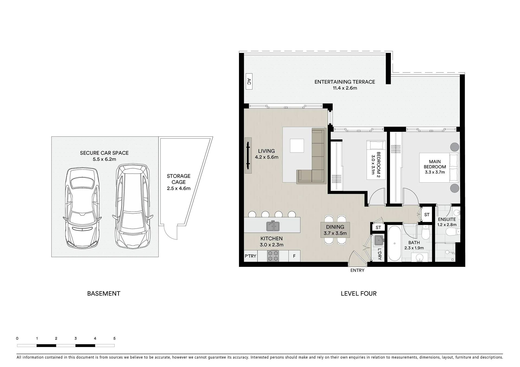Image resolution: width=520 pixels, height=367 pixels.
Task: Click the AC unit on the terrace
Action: pos(249,81)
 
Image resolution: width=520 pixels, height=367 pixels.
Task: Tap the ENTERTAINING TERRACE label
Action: pos(345,82)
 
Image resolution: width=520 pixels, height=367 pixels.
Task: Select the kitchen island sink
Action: pos(273,226)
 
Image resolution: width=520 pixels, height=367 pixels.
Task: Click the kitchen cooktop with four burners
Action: pos(273,256)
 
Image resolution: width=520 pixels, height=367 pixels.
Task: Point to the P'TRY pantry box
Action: pos(251,256)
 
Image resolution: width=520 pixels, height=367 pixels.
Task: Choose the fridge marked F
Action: pos(294,256)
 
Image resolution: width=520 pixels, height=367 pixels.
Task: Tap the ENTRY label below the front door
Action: pos(357,270)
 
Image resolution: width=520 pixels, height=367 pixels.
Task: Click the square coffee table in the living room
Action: pos(297,146)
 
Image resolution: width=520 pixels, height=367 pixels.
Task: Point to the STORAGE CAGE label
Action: pos(179,179)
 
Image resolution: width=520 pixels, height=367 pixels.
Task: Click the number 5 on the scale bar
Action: pos(114,338)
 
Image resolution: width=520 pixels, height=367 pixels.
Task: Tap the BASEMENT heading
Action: pos(104,293)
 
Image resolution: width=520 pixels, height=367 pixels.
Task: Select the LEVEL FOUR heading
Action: pos(358,293)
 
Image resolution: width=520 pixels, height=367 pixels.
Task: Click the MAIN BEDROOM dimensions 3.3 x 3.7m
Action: pos(435,172)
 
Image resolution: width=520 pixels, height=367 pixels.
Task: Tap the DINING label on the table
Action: pos(335,227)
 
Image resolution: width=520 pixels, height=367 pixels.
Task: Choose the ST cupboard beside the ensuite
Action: pos(427,215)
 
